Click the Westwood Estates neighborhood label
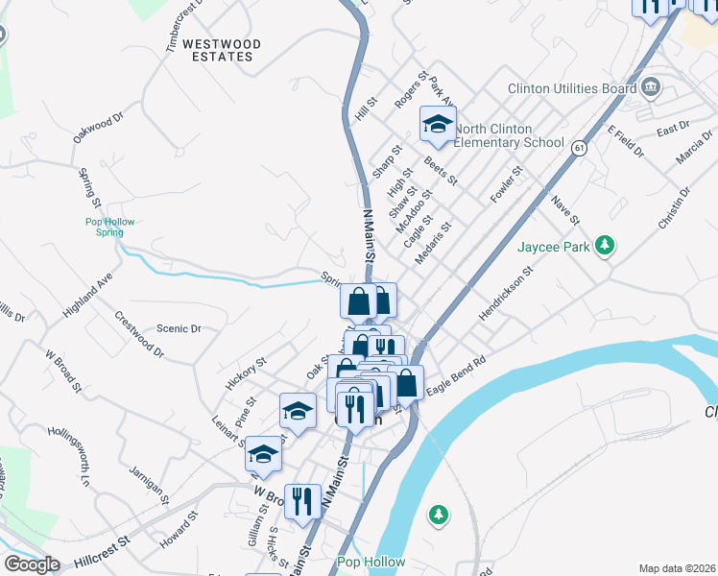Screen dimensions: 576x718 pos(218,50)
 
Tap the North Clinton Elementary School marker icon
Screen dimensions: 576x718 pos(438,124)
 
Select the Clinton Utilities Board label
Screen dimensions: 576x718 pos(572,89)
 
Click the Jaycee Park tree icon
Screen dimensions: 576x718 pos(605,246)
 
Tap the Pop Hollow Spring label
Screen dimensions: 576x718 pos(110,227)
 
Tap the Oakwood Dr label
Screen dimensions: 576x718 pos(100,129)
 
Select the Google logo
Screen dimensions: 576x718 pos(32,564)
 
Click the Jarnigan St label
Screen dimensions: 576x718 pos(151,487)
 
